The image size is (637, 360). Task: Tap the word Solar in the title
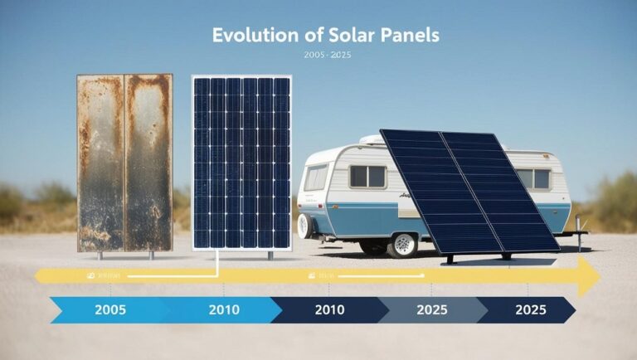pos(328,36)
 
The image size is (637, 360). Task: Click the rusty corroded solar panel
pos(125,163)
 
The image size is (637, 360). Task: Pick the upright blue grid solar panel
pos(241,163)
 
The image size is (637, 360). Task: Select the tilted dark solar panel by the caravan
pos(469,190)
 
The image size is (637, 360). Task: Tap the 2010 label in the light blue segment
pos(223,310)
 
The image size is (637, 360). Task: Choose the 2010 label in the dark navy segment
pos(330,310)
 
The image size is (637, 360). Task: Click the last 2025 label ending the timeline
pos(530,310)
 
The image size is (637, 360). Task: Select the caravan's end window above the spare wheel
pos(316,177)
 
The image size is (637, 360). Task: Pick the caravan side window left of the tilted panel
pos(367,176)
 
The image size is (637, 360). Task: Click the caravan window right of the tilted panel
pos(534,178)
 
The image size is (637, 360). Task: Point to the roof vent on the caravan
pos(372,139)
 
